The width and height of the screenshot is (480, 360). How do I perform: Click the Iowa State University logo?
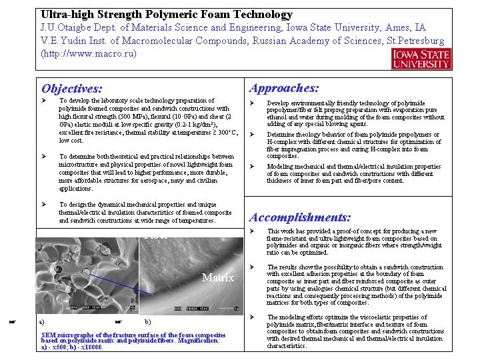point(421,59)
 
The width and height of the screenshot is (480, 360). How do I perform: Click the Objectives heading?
point(72,89)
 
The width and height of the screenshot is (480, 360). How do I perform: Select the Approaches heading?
point(284,88)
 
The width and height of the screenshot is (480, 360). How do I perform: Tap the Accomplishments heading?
point(300,217)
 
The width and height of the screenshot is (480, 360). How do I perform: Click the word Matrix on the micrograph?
point(218,277)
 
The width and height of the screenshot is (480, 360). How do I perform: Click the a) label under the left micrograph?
point(42,321)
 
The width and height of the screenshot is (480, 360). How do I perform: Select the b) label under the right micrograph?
point(147,321)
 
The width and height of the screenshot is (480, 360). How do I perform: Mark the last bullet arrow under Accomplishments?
point(251,317)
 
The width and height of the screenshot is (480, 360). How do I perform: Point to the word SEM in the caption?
point(49,335)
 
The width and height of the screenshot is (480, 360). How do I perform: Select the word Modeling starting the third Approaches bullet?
point(280,167)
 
